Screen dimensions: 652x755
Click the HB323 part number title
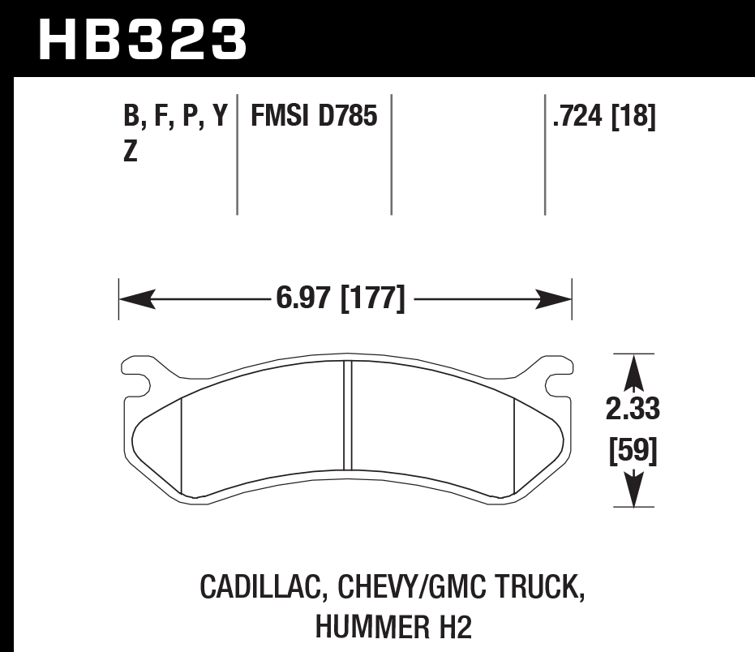click(x=143, y=38)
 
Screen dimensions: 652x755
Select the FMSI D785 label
click(x=314, y=118)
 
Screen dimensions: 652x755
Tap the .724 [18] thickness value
click(x=603, y=118)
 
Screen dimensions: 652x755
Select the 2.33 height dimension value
click(x=633, y=410)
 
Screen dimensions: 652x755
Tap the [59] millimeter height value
click(x=633, y=450)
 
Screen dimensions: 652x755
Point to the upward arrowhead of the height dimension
click(x=633, y=373)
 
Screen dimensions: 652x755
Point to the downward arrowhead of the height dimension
click(x=633, y=491)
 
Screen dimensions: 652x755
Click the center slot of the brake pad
click(x=349, y=414)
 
